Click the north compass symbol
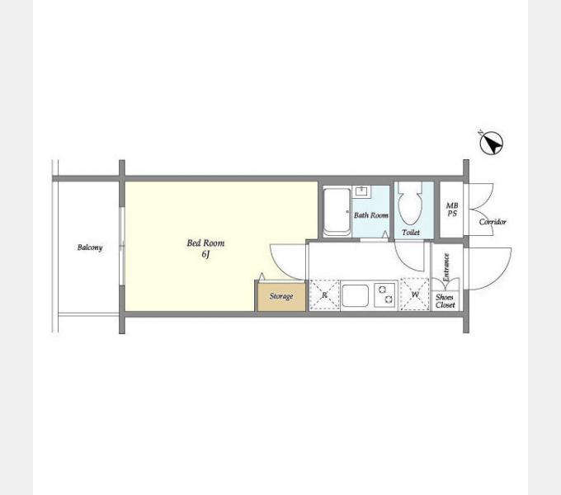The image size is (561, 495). pyautogui.click(x=491, y=143)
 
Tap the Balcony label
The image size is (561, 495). pyautogui.click(x=90, y=247)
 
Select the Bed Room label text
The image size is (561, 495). pyautogui.click(x=205, y=243)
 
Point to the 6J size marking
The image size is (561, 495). pyautogui.click(x=205, y=254)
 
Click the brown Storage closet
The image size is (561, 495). pyautogui.click(x=281, y=297)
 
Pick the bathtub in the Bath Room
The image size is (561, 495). pyautogui.click(x=337, y=212)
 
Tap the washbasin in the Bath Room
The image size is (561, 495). pyautogui.click(x=361, y=191)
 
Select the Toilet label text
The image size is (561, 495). pyautogui.click(x=411, y=233)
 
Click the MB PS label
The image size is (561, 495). pyautogui.click(x=452, y=210)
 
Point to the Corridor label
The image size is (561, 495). pyautogui.click(x=493, y=222)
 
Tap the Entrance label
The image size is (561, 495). pyautogui.click(x=446, y=267)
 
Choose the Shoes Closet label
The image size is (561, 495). pyautogui.click(x=445, y=301)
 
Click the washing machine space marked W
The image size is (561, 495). pyautogui.click(x=415, y=294)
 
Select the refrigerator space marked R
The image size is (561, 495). pyautogui.click(x=324, y=295)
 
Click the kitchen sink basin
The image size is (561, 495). pyautogui.click(x=355, y=295)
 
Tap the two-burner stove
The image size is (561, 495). pyautogui.click(x=385, y=295)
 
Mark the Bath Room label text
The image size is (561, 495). pyautogui.click(x=371, y=215)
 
